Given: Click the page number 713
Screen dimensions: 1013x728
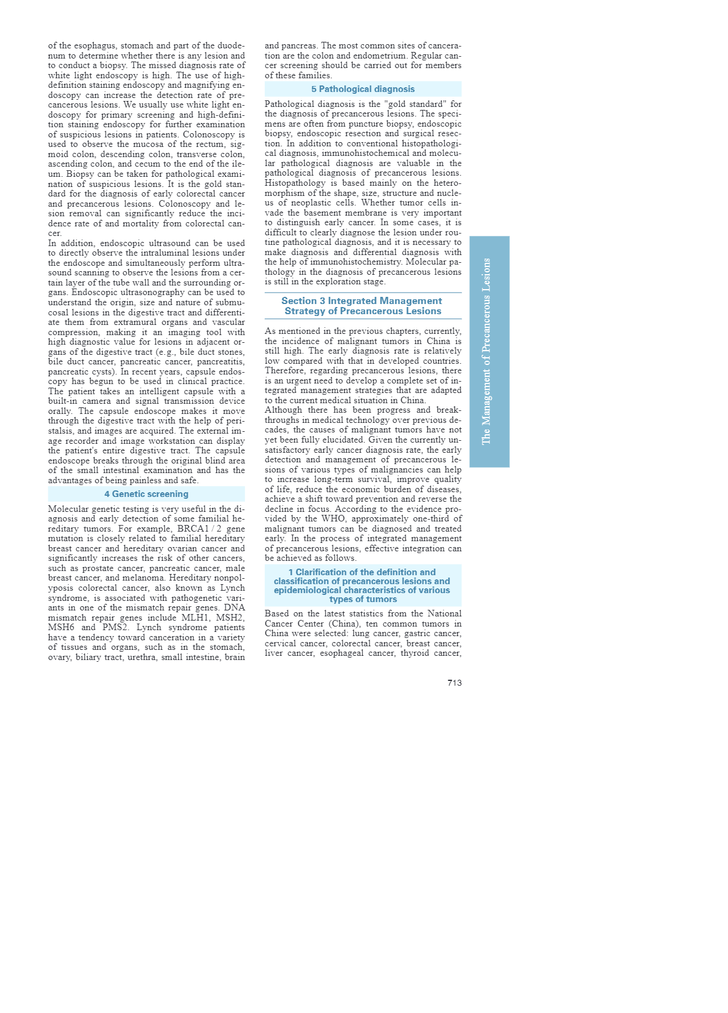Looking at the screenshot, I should pyautogui.click(x=454, y=683).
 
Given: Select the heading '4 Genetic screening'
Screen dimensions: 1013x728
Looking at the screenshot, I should pyautogui.click(x=146, y=494).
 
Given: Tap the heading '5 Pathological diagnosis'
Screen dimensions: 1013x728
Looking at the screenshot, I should pyautogui.click(x=363, y=89).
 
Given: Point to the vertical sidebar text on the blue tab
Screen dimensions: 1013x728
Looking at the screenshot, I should pyautogui.click(x=487, y=351).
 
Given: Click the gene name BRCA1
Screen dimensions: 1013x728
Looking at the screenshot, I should pyautogui.click(x=185, y=529).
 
